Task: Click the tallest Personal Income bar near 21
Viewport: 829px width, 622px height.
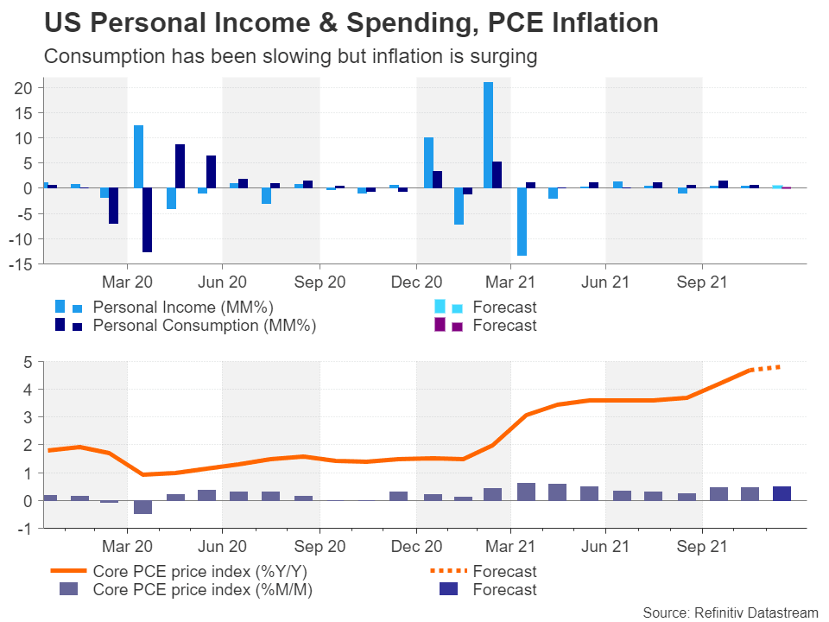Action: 489,135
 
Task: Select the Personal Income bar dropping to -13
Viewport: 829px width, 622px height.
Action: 522,221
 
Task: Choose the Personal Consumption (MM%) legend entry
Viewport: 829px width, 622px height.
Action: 204,326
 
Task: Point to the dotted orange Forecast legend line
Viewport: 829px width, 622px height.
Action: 448,571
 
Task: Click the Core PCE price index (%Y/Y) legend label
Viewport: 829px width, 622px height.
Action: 201,571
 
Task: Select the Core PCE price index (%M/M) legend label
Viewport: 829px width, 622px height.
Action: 202,590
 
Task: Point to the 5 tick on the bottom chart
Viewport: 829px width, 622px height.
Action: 28,362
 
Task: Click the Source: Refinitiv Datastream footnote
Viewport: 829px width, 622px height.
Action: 730,612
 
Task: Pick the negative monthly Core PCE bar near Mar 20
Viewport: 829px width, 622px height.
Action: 142,507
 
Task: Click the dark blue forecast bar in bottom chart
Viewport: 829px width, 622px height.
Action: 782,493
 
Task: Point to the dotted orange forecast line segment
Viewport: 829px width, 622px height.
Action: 766,368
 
